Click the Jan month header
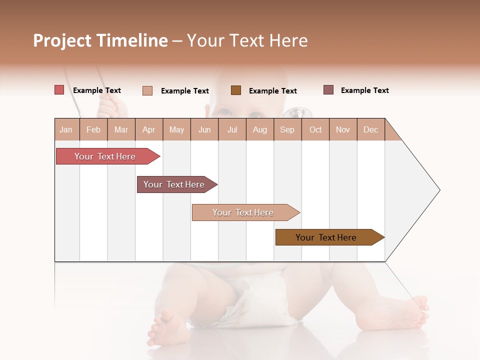(66, 129)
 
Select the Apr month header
(148, 129)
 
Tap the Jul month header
(232, 129)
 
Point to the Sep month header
(287, 129)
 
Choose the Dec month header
(370, 129)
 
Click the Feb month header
(93, 129)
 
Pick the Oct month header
(315, 129)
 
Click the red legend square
(59, 90)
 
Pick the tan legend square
(147, 90)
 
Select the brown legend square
(236, 90)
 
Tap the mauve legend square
(328, 90)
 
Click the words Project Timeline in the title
(100, 40)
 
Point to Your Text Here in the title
(247, 40)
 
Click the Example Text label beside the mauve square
(364, 90)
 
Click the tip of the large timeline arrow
(439, 190)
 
